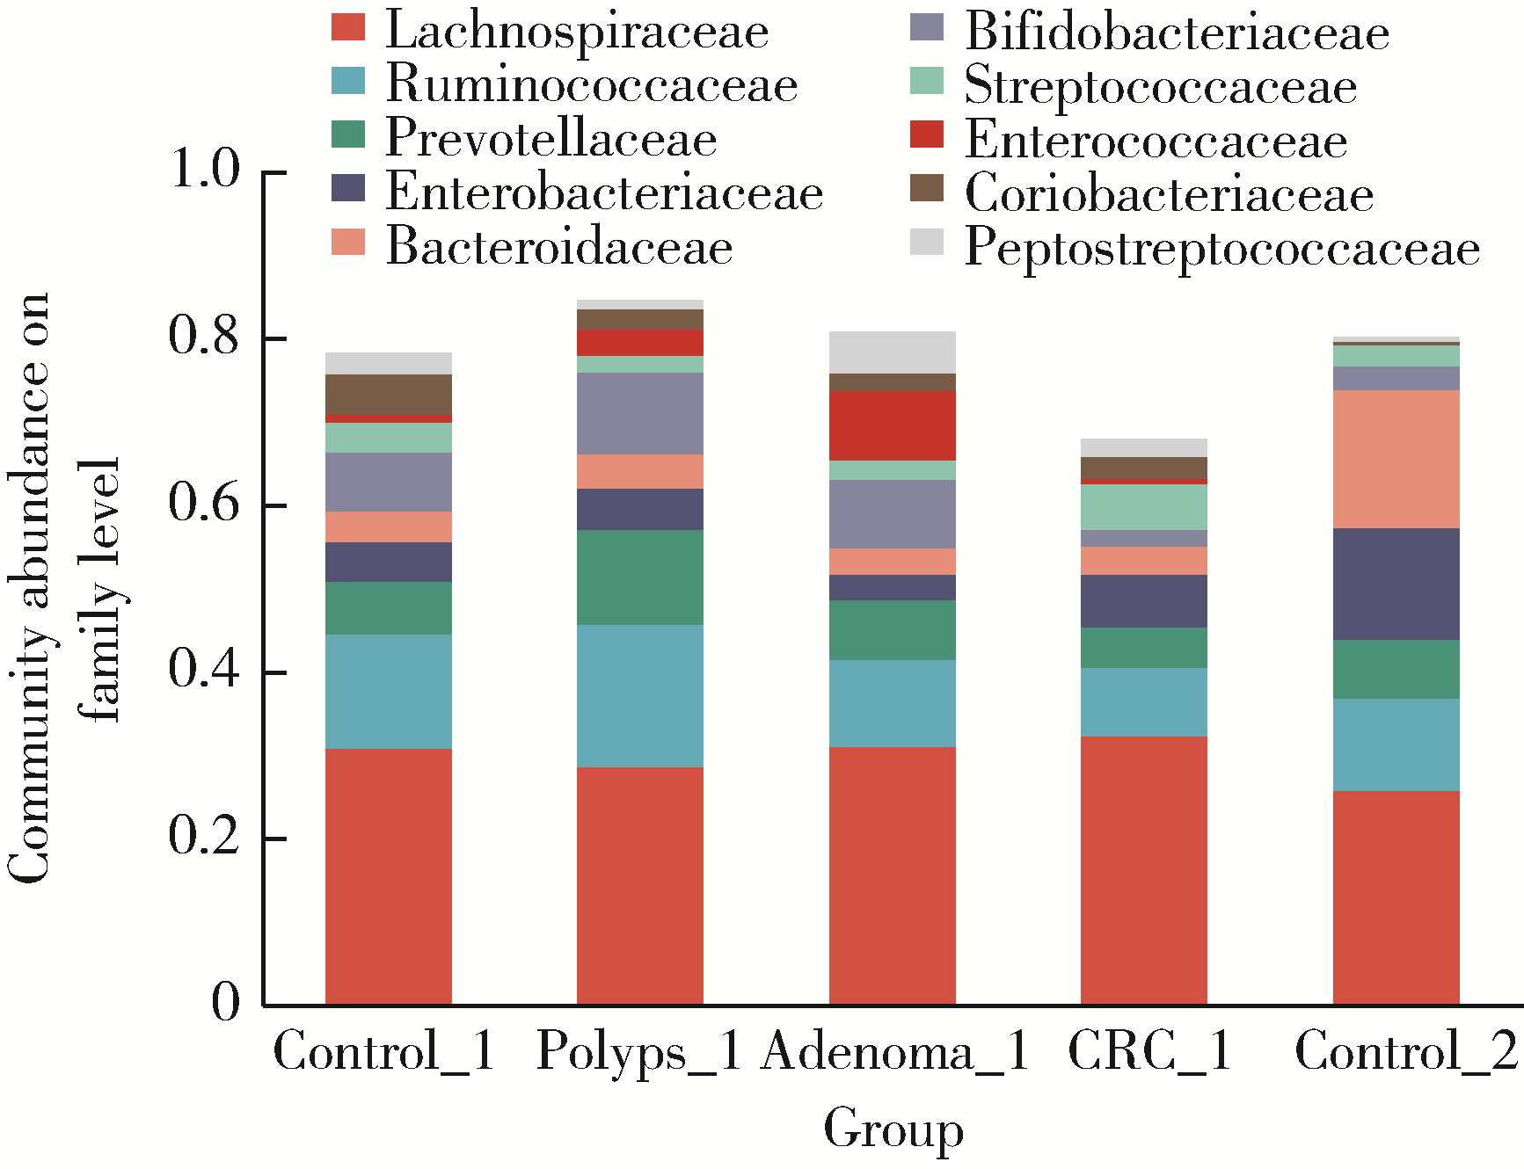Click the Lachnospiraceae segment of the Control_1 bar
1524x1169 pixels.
(x=388, y=876)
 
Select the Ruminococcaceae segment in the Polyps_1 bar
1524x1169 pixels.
(x=639, y=696)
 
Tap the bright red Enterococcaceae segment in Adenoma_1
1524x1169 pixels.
(x=892, y=425)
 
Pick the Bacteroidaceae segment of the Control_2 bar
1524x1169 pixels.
(x=1396, y=459)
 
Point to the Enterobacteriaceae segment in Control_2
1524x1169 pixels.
(x=1396, y=584)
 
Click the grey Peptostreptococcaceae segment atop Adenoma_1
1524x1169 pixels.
(x=892, y=352)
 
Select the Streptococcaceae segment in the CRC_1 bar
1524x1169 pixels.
(x=1143, y=507)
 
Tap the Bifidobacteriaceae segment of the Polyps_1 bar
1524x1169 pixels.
(x=639, y=413)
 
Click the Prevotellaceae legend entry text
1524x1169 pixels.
(x=551, y=139)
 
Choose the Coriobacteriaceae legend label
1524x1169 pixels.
(x=1169, y=194)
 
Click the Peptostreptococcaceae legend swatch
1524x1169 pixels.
(x=927, y=242)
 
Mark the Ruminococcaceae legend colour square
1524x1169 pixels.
(x=348, y=81)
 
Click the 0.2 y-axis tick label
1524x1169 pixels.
(x=204, y=837)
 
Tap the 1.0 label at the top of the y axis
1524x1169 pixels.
(x=205, y=169)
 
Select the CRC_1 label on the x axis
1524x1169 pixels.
(x=1149, y=1050)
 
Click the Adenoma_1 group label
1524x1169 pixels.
(x=894, y=1050)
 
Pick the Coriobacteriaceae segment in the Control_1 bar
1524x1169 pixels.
(x=388, y=394)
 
